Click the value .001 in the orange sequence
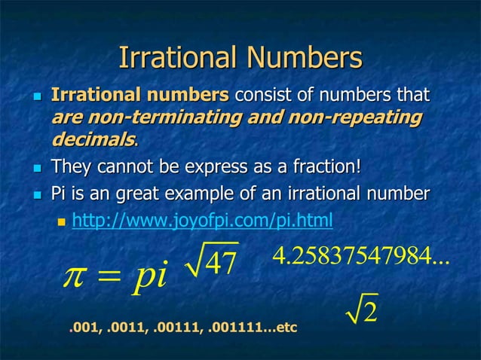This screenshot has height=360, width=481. (x=81, y=329)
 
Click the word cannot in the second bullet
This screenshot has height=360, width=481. (x=126, y=165)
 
